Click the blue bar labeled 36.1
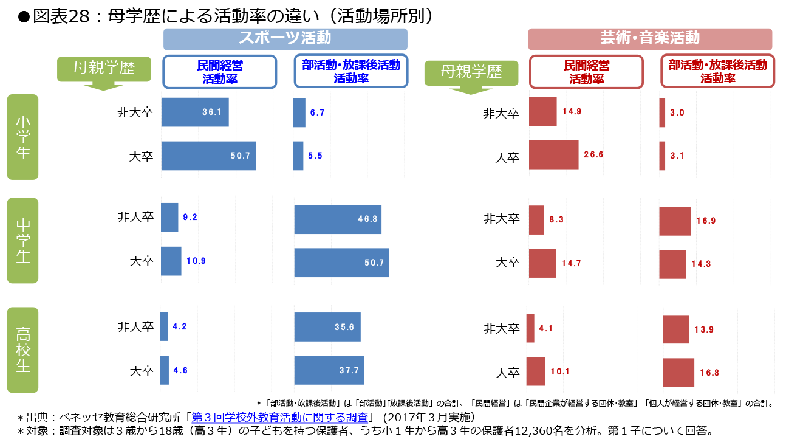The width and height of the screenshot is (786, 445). (x=194, y=112)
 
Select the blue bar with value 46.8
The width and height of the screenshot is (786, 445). (x=338, y=219)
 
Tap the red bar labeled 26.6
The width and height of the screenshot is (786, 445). (x=553, y=155)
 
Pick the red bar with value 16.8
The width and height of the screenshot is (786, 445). (x=678, y=373)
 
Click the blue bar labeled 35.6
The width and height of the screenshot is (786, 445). (x=327, y=327)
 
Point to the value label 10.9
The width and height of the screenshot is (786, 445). (x=196, y=261)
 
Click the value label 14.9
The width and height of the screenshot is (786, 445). (x=572, y=111)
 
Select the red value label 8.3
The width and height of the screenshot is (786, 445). (x=556, y=220)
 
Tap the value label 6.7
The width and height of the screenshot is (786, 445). (x=317, y=112)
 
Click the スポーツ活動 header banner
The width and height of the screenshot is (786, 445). (x=285, y=39)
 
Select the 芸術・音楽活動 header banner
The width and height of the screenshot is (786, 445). (x=650, y=39)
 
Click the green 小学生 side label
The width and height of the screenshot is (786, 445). (x=22, y=137)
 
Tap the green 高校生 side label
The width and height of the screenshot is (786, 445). (x=22, y=350)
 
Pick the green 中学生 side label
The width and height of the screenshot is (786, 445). (x=22, y=241)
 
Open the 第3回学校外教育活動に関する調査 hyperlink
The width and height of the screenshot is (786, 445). (x=280, y=418)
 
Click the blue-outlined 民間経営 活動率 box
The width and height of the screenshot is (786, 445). (x=220, y=72)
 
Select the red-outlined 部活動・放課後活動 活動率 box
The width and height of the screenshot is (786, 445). (x=717, y=72)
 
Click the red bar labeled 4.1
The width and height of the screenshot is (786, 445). (x=530, y=328)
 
